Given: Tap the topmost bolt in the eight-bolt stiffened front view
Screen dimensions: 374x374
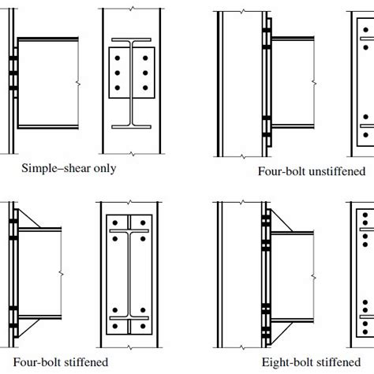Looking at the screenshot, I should (x=364, y=213).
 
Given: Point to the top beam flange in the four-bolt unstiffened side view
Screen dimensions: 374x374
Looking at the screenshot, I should (x=292, y=40).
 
